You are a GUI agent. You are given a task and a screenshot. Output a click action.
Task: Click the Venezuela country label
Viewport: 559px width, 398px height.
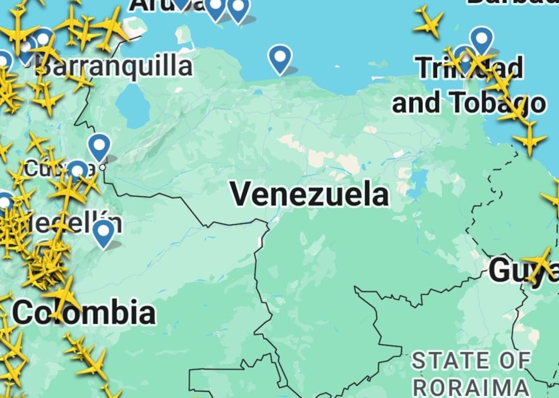309,194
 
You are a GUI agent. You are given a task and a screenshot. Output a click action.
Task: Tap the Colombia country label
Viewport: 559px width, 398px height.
84,312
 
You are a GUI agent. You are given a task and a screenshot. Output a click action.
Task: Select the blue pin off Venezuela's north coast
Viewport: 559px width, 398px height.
279,58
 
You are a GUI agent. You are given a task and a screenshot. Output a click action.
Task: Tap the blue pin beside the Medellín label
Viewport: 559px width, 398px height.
103,232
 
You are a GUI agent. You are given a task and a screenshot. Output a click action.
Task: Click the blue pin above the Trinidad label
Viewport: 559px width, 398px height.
481,39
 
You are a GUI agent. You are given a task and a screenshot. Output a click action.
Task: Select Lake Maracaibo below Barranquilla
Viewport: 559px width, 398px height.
133,106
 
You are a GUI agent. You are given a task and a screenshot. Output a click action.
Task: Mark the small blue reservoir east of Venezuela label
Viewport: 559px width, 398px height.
418,179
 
